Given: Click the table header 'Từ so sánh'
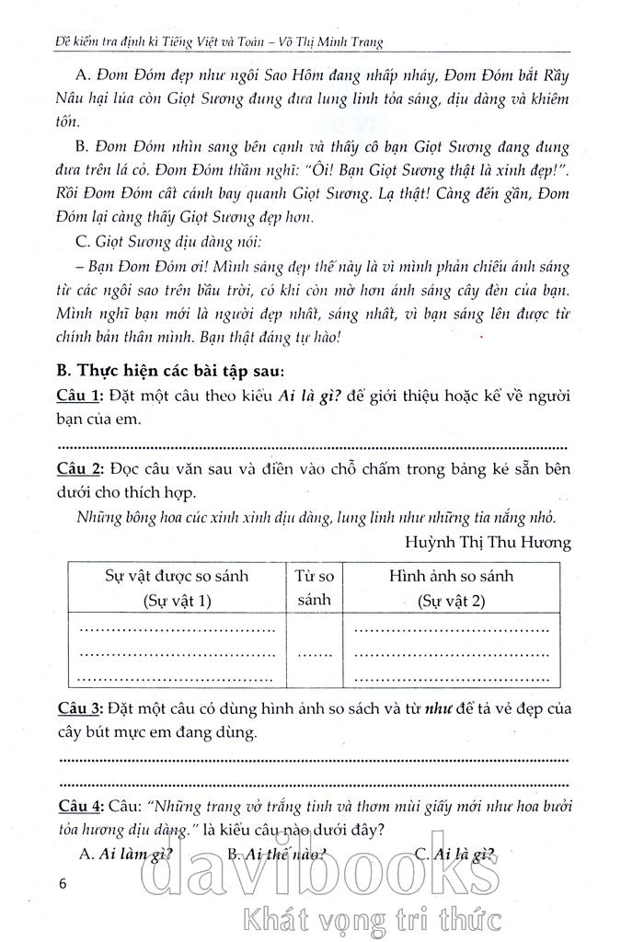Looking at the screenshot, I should click(x=315, y=588).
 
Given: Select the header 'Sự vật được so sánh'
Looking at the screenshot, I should click(x=177, y=588).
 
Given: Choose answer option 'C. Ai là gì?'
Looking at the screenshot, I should click(x=454, y=854).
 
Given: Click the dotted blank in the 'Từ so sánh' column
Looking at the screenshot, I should click(x=315, y=655).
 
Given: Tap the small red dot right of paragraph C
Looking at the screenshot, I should click(x=481, y=338).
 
